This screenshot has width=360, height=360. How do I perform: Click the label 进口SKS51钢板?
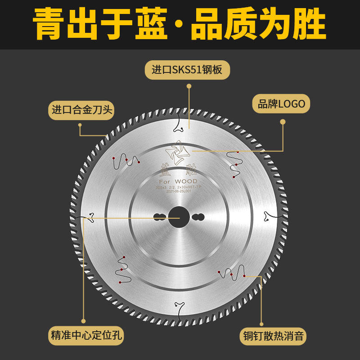pos(187,70)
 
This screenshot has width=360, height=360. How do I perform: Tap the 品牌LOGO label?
pos(281,104)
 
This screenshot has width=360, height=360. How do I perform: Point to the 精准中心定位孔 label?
pos(85,336)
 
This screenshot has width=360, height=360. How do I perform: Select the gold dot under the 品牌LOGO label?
pos(283,121)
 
